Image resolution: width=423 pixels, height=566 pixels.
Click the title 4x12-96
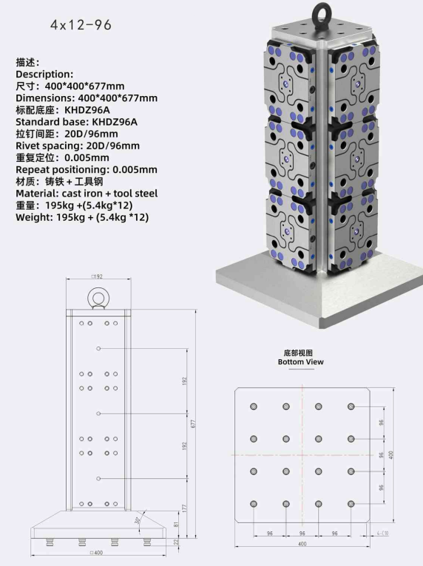click(x=81, y=24)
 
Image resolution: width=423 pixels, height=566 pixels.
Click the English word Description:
click(x=44, y=75)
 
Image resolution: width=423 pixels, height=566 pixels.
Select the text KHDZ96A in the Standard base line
click(x=115, y=122)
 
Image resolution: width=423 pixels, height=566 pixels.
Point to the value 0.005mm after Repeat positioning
click(x=135, y=170)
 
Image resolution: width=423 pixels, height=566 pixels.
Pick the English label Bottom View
click(x=300, y=361)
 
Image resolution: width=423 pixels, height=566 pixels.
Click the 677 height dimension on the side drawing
click(x=193, y=423)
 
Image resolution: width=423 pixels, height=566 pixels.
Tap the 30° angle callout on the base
click(x=137, y=520)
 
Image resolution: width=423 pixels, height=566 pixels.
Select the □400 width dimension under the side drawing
click(x=96, y=553)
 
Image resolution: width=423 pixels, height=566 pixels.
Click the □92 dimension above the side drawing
click(x=97, y=276)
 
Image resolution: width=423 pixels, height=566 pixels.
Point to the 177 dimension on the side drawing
click(x=185, y=508)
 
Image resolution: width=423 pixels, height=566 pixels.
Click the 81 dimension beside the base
click(x=176, y=524)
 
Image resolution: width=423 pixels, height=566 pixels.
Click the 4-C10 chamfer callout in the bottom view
click(x=382, y=533)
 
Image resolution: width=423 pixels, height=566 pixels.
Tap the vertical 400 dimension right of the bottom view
click(x=390, y=455)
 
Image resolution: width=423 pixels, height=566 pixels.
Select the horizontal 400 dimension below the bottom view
click(x=302, y=544)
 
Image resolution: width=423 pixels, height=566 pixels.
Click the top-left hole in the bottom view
click(x=254, y=406)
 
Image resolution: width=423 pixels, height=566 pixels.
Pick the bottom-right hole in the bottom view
click(x=351, y=504)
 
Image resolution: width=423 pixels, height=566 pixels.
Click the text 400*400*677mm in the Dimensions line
click(x=118, y=98)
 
